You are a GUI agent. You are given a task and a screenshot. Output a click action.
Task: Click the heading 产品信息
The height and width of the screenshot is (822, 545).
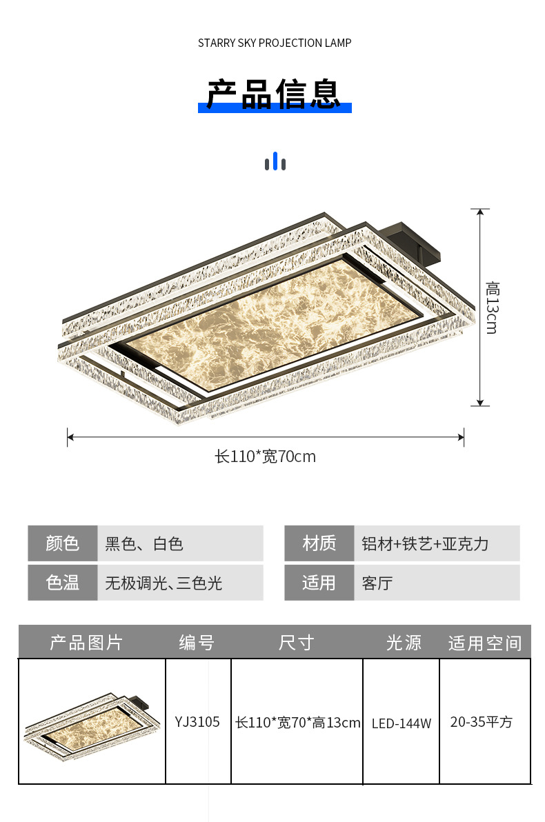pyautogui.click(x=275, y=94)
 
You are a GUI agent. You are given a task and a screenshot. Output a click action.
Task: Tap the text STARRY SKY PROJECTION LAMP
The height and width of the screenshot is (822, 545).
pyautogui.click(x=275, y=43)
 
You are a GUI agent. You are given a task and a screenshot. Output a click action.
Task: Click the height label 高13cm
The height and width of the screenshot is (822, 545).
pyautogui.click(x=491, y=308)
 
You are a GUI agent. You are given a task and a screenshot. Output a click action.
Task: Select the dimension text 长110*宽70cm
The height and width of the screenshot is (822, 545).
pyautogui.click(x=266, y=457)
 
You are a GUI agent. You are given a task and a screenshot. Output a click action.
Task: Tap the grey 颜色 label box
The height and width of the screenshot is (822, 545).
pyautogui.click(x=63, y=543)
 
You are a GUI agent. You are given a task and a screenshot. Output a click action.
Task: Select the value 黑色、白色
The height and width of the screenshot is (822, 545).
pyautogui.click(x=144, y=543)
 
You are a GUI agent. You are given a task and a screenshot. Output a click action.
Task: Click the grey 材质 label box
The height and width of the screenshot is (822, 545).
pyautogui.click(x=319, y=543)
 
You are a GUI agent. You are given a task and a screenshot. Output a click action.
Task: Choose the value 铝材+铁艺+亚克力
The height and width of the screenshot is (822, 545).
pyautogui.click(x=425, y=543)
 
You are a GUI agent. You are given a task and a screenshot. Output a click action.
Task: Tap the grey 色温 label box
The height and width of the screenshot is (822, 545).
pyautogui.click(x=63, y=583)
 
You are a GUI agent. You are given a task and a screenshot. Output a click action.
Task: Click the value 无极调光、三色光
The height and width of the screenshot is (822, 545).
pyautogui.click(x=163, y=583)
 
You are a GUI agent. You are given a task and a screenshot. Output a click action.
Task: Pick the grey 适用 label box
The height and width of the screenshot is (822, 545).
pyautogui.click(x=319, y=583)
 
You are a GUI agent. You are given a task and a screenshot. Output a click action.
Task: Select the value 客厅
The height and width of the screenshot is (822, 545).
pyautogui.click(x=377, y=583)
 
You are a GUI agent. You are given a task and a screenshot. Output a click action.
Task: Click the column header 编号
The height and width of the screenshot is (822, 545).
pyautogui.click(x=197, y=643)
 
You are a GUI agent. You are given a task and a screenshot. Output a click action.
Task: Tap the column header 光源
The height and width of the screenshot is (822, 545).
pyautogui.click(x=404, y=643)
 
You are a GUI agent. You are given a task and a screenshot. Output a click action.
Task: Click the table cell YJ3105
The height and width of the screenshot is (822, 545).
pyautogui.click(x=197, y=722)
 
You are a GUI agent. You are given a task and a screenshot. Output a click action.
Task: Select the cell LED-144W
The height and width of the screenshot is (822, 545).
pyautogui.click(x=402, y=723)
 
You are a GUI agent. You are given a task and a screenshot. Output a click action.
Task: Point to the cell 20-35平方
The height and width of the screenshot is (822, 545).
pyautogui.click(x=482, y=722)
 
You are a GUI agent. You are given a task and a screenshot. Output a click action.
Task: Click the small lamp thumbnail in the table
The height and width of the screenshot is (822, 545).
pyautogui.click(x=91, y=723)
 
